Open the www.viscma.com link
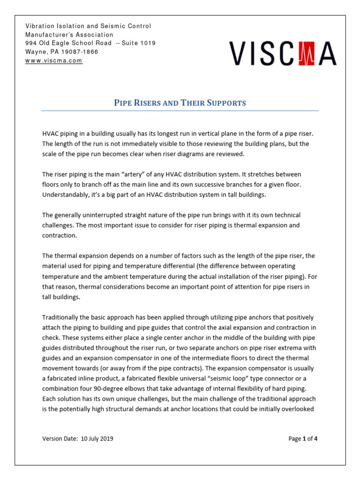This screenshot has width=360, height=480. [54, 60]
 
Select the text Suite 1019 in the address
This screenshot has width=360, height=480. [139, 43]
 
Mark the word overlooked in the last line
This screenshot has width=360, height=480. [299, 408]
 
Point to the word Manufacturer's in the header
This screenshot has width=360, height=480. [69, 35]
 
